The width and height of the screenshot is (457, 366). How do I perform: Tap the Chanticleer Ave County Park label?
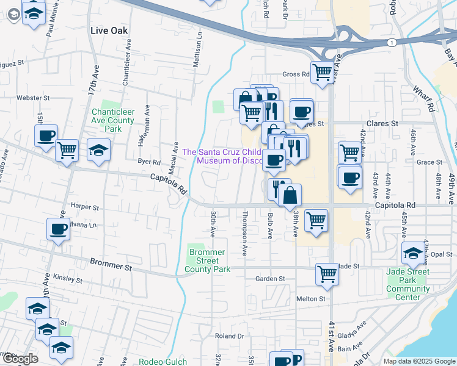(x=113, y=120)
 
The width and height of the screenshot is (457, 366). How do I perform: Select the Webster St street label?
(x=33, y=98)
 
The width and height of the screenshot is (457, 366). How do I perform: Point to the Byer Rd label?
(x=148, y=162)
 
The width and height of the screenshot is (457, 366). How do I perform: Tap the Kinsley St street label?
(x=67, y=279)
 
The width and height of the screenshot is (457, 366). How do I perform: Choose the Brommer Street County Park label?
(x=208, y=260)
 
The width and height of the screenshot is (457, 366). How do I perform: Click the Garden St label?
(x=271, y=279)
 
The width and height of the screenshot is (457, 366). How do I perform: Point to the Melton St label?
(x=311, y=299)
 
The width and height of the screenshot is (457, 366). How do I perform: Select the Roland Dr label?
(x=229, y=336)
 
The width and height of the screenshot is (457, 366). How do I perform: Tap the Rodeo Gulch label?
(x=160, y=361)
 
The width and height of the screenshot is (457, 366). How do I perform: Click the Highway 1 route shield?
(x=390, y=42)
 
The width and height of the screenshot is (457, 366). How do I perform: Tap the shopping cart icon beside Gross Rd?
(x=322, y=71)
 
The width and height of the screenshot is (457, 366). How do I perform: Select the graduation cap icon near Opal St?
(x=413, y=253)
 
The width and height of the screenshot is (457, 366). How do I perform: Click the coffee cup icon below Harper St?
(x=59, y=229)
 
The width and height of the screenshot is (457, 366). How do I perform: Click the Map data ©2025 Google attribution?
(x=419, y=361)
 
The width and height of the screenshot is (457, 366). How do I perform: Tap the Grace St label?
(x=428, y=162)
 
